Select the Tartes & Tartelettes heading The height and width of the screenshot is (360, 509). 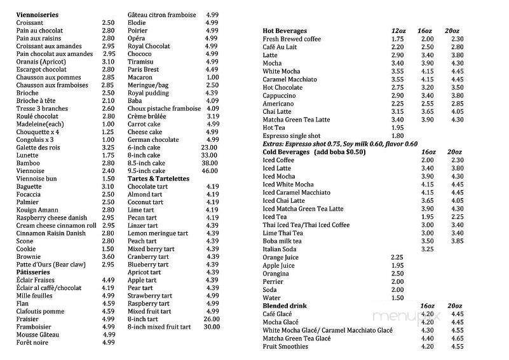coord(159,179)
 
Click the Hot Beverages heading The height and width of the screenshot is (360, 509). coord(285,31)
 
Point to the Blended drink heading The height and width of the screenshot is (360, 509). coord(286,305)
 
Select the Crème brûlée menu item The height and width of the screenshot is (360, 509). coord(147,116)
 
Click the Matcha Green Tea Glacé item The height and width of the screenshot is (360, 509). coord(297,338)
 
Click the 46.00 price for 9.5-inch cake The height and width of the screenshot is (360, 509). coord(209,171)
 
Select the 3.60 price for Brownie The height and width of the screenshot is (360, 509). coord(107,256)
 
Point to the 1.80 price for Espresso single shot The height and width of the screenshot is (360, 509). coord(398,136)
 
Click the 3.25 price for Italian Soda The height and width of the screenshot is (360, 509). coord(427,249)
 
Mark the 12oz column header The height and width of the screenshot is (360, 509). coord(398,31)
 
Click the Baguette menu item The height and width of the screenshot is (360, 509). coord(29,186)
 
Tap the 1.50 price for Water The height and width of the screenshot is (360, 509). coord(398,298)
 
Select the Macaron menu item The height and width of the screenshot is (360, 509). coord(140,78)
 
